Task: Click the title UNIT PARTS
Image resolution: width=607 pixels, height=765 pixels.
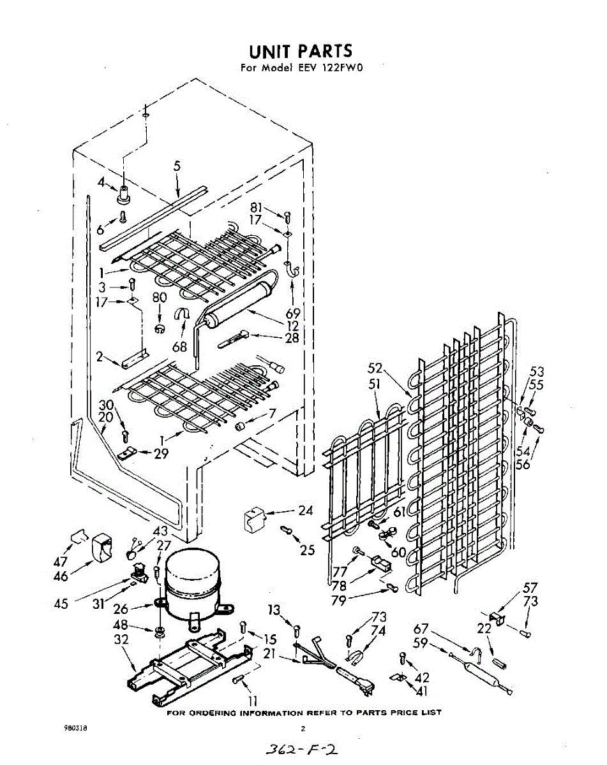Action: click(x=300, y=51)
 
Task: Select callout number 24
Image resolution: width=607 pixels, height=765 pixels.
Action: click(x=306, y=510)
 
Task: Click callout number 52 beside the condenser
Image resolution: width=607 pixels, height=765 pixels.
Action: click(x=376, y=368)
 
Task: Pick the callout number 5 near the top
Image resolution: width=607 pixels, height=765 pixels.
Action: click(x=177, y=166)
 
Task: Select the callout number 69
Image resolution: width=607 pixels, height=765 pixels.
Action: click(x=293, y=314)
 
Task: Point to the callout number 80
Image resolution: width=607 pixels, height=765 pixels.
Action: click(x=159, y=297)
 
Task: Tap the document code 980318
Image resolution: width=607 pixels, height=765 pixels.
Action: click(x=75, y=728)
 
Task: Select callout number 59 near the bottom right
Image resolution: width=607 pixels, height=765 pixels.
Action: click(x=421, y=643)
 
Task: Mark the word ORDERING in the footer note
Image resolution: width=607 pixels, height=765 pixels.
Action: click(x=214, y=712)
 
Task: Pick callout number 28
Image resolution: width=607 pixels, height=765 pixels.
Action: click(x=292, y=338)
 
